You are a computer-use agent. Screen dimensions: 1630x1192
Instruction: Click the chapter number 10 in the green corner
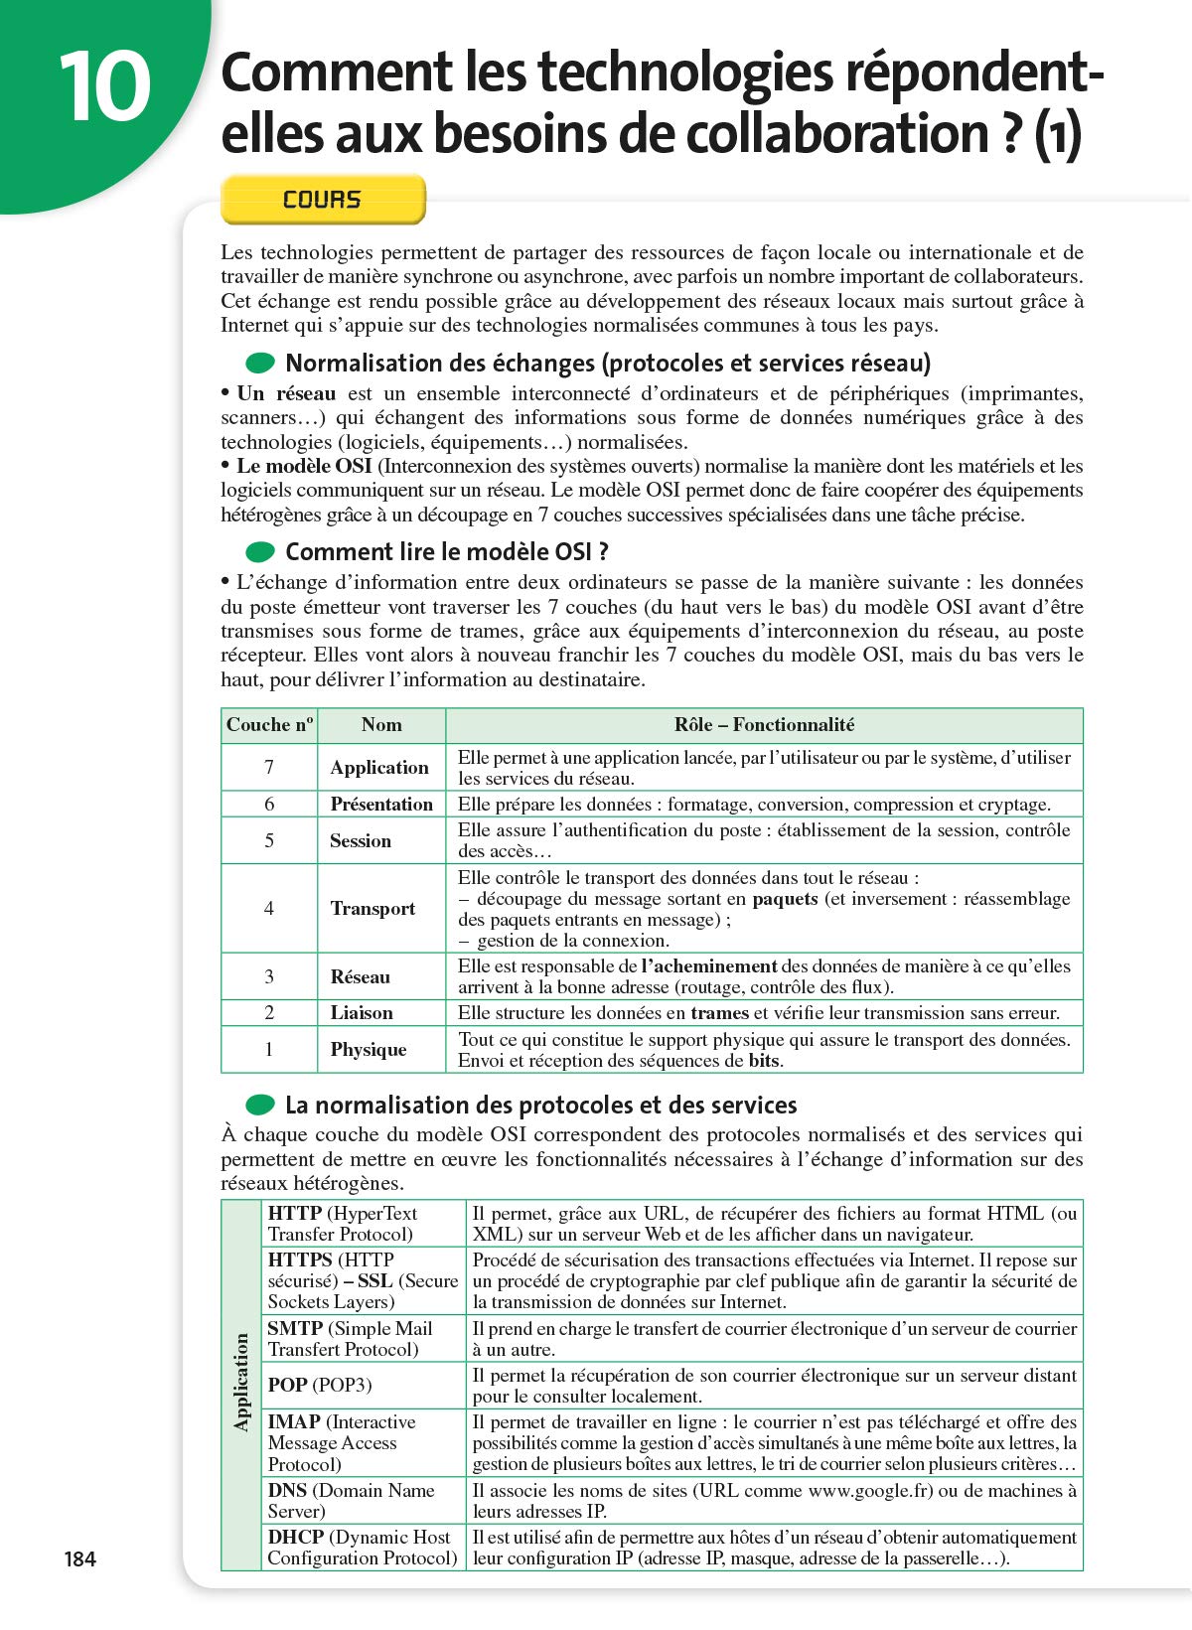[104, 87]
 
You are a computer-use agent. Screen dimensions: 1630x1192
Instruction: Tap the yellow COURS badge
[323, 200]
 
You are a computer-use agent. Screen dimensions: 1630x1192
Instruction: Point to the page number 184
[80, 1558]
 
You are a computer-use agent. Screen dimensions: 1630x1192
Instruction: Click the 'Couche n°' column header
[269, 725]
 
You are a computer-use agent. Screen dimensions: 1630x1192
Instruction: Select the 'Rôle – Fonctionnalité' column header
[764, 725]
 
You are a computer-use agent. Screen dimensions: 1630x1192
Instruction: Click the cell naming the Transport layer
[373, 909]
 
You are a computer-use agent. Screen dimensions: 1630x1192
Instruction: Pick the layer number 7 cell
[269, 767]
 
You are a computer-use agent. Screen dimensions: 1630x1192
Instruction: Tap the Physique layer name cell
[369, 1050]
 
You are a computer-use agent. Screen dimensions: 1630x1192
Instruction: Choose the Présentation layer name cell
[381, 804]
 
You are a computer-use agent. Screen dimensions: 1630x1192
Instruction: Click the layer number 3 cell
[269, 976]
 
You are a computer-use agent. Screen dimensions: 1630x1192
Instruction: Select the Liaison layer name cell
[362, 1013]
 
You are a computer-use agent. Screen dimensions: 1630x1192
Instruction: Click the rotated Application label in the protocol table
[241, 1383]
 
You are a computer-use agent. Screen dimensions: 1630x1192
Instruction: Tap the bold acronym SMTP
[295, 1328]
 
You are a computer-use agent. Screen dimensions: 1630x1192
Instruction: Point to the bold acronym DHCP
[295, 1537]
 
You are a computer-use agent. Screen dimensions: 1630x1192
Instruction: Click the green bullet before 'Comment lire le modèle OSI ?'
[260, 552]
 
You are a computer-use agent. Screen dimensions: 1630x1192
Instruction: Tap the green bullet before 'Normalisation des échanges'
[260, 363]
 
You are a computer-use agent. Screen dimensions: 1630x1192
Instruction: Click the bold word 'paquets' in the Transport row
[785, 899]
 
